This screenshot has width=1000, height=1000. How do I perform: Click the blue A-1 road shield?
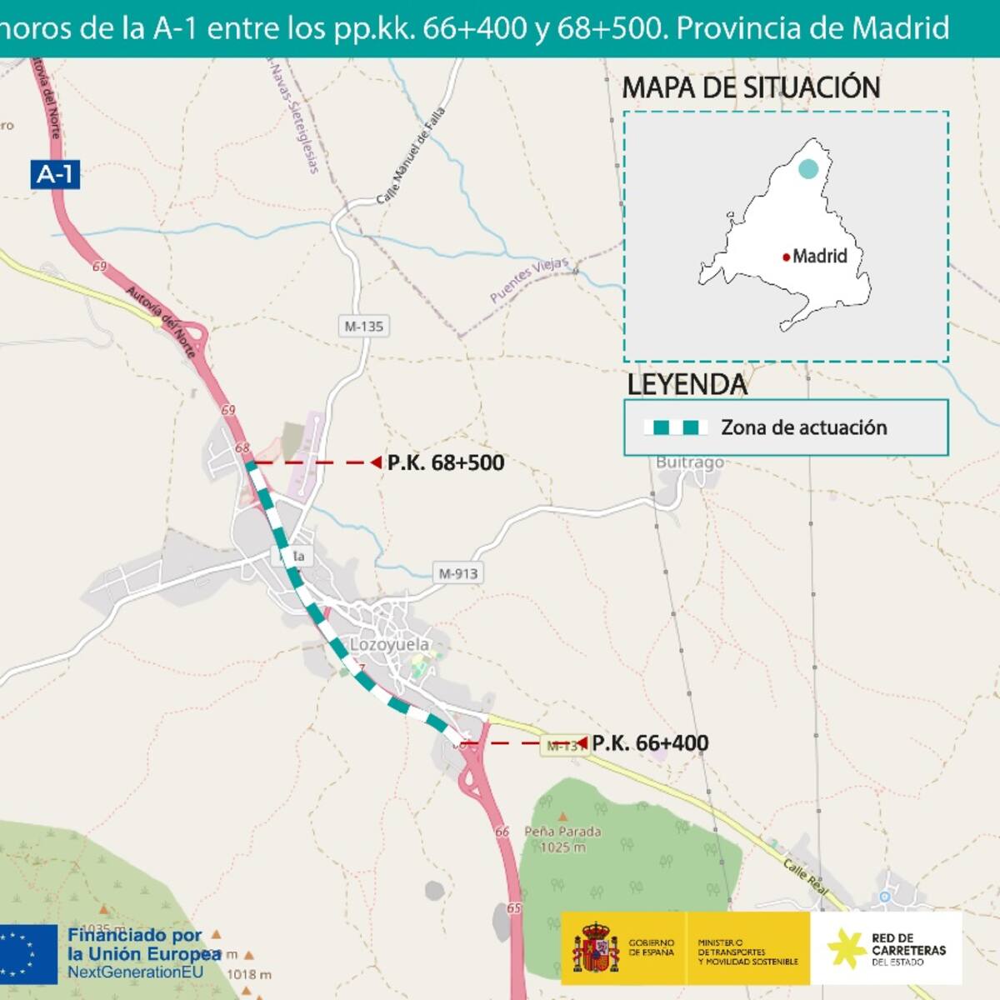pyautogui.click(x=56, y=174)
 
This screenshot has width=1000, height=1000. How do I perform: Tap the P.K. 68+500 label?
pyautogui.click(x=446, y=462)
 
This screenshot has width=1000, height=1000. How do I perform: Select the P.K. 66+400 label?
pyautogui.click(x=650, y=743)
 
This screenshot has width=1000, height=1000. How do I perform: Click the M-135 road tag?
pyautogui.click(x=364, y=327)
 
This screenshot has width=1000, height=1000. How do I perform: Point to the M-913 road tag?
pyautogui.click(x=458, y=573)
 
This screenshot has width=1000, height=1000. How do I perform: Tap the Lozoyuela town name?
pyautogui.click(x=389, y=644)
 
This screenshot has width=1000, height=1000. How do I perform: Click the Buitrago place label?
pyautogui.click(x=689, y=462)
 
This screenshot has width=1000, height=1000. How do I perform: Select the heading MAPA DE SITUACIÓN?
pyautogui.click(x=751, y=87)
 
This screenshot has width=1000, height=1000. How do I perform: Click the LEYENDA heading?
pyautogui.click(x=687, y=385)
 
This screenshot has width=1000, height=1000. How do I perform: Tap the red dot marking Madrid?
pyautogui.click(x=786, y=257)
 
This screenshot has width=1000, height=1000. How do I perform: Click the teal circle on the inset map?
pyautogui.click(x=807, y=168)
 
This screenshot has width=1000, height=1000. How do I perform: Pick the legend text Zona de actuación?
pyautogui.click(x=803, y=427)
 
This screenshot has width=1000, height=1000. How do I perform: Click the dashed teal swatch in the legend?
pyautogui.click(x=676, y=427)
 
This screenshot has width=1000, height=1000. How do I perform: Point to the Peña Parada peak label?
pyautogui.click(x=562, y=838)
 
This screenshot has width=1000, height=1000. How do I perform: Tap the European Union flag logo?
pyautogui.click(x=28, y=954)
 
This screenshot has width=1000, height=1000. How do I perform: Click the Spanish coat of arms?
pyautogui.click(x=595, y=947)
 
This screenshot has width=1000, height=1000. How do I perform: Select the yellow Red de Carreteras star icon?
pyautogui.click(x=846, y=948)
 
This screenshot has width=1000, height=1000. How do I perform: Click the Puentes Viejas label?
pyautogui.click(x=528, y=279)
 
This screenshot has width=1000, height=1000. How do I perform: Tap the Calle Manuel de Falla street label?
pyautogui.click(x=411, y=156)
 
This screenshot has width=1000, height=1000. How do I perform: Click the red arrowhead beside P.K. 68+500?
pyautogui.click(x=376, y=462)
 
